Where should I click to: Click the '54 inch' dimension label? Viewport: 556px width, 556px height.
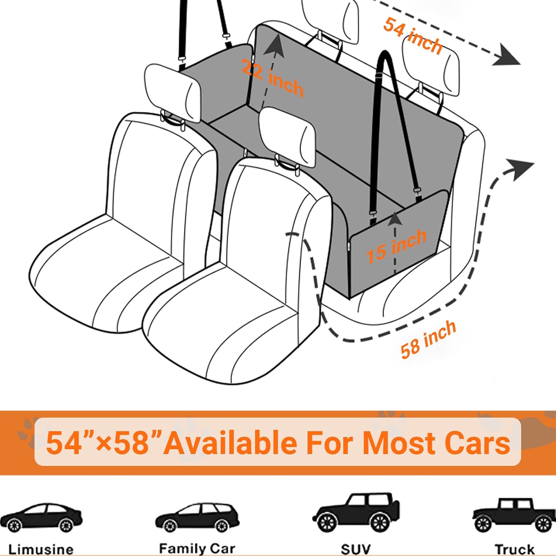[413, 36]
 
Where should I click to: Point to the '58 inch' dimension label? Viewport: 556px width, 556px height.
[428, 339]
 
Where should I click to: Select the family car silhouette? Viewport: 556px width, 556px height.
[197, 517]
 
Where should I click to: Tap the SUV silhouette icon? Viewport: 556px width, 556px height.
[356, 512]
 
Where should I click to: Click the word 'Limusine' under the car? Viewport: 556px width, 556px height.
[41, 549]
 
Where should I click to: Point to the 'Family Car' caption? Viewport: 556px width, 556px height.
[197, 548]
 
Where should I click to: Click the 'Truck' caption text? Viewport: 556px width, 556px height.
[514, 549]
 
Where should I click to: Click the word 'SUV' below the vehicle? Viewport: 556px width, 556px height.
[355, 549]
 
